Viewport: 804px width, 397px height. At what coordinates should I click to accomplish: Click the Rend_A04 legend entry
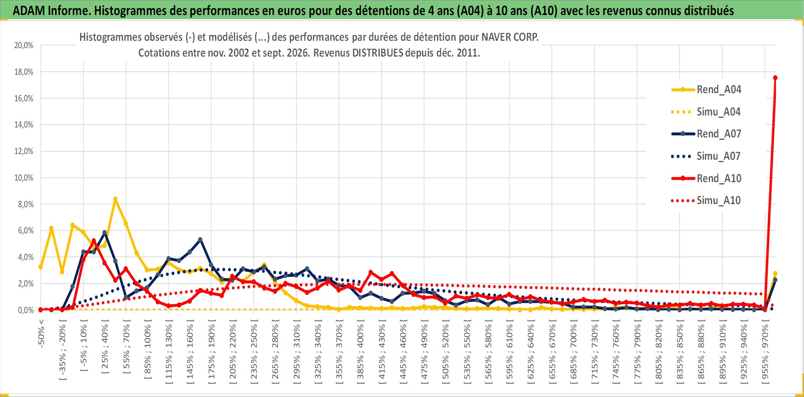coord(706,90)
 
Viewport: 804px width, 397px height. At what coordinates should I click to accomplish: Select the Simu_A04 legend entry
coord(706,112)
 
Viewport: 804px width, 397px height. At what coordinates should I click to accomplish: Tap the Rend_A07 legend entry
coord(706,134)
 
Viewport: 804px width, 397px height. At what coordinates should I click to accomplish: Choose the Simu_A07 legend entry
coord(706,156)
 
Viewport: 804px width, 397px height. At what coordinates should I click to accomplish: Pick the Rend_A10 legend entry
coord(706,178)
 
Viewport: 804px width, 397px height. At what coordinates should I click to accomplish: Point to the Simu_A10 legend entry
coord(706,201)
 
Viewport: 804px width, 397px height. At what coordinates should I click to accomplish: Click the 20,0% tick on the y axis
coord(24,45)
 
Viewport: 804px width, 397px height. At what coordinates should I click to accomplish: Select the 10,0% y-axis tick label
coord(24,178)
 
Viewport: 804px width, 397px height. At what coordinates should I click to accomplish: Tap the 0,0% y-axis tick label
coord(26,310)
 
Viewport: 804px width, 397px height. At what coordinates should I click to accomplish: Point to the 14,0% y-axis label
coord(24,125)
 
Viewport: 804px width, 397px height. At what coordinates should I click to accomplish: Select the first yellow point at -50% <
coord(40,267)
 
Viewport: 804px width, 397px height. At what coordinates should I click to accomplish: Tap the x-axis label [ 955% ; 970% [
coord(765,351)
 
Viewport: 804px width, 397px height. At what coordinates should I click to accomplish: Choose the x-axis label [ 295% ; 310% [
coord(296,351)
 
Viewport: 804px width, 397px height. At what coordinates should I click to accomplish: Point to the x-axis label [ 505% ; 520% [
coord(446,351)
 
